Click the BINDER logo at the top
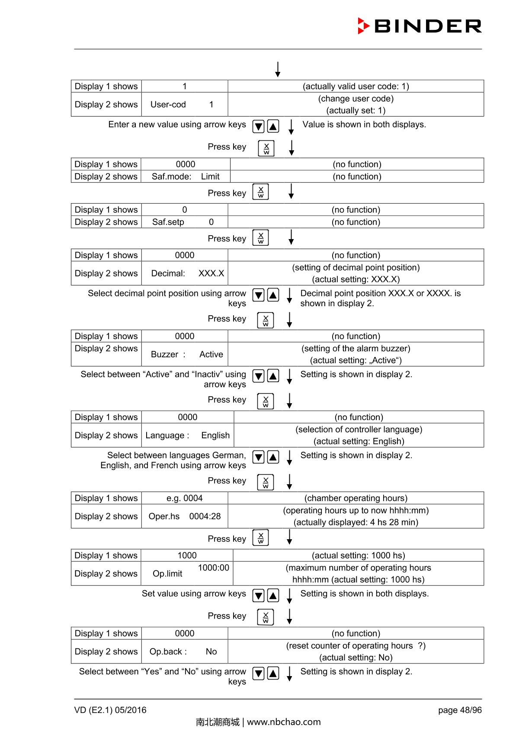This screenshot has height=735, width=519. (420, 26)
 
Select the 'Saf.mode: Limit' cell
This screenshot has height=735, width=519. (186, 176)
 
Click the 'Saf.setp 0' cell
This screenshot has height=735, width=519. (184, 222)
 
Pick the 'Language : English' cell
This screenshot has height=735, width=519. (187, 435)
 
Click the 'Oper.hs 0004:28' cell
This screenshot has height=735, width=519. (185, 516)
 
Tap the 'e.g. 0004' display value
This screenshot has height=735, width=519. (185, 498)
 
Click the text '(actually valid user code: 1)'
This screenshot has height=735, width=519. (356, 86)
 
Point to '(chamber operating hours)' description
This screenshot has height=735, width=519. (356, 498)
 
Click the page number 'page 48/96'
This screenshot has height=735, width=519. (459, 710)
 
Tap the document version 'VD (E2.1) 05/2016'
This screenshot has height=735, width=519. (110, 710)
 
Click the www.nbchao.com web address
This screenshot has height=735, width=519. (284, 722)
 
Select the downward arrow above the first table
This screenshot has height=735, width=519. (278, 69)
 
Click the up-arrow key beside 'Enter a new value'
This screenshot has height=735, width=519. (273, 126)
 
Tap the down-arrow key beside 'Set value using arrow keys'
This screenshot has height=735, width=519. (258, 596)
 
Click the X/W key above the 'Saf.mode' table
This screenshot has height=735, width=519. (266, 148)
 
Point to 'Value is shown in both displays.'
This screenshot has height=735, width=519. (364, 125)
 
